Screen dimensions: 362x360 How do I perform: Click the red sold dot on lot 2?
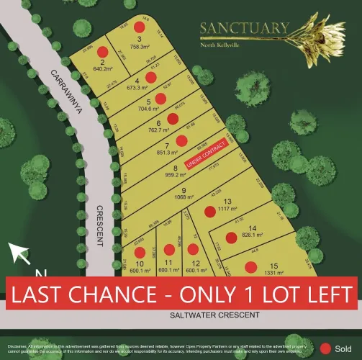point(102,52)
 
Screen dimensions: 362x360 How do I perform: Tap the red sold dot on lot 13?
point(209,211)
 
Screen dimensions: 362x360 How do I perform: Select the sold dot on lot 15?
point(250,267)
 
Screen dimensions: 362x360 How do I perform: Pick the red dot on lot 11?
point(169,249)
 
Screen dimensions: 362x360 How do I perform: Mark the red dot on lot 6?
point(172,119)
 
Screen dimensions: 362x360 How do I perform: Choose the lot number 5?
point(148,102)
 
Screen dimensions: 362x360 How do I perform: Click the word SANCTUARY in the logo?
point(245,30)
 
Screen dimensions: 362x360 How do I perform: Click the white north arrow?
point(19,253)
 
